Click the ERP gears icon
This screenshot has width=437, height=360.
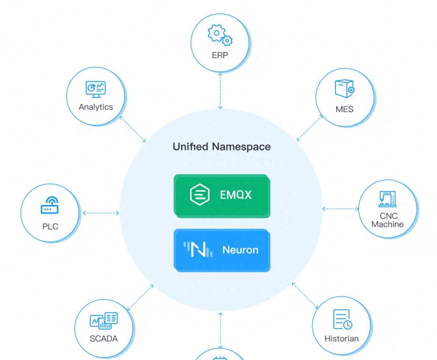(x=220, y=35)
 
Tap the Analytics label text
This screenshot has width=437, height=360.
(x=96, y=107)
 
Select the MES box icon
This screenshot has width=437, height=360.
(x=344, y=89)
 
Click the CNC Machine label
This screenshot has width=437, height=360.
(x=388, y=220)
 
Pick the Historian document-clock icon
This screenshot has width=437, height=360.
(x=342, y=320)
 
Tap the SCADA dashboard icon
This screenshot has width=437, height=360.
(x=104, y=321)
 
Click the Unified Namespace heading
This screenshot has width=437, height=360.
(x=222, y=147)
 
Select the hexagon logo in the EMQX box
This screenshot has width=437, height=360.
(x=199, y=195)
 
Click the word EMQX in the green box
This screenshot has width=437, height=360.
(x=236, y=195)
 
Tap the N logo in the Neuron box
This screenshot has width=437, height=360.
(x=198, y=249)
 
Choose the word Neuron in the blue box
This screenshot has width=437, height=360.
(x=240, y=250)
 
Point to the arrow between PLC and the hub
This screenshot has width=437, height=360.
(x=101, y=213)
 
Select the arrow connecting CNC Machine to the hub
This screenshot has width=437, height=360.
(x=340, y=209)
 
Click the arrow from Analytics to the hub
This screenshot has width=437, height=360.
(x=133, y=129)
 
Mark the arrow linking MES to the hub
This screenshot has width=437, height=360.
(x=310, y=128)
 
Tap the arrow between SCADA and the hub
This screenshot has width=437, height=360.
(x=140, y=297)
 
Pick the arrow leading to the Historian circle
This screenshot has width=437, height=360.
(x=305, y=296)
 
